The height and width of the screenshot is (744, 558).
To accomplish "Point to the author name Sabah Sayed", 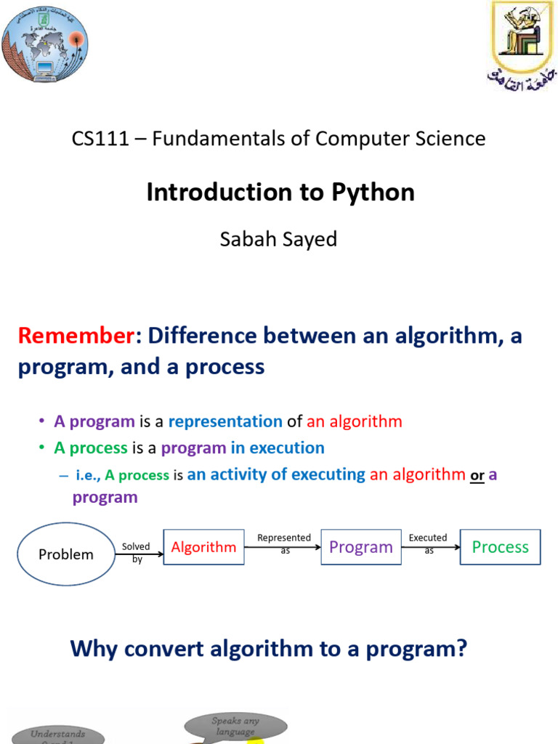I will pos(278,239).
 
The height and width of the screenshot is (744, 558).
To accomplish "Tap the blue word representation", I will pos(225,421).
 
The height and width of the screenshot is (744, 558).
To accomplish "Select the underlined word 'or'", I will pos(477,475).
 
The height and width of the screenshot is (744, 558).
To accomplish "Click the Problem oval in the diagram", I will pos(66,554).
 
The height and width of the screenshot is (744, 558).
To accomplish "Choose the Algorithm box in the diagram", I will pos(203,547).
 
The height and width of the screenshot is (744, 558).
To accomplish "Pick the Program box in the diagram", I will pos(360,547).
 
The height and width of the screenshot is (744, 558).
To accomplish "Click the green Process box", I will pos(500,547).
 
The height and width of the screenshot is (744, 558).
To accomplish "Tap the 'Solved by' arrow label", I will pos(136,553).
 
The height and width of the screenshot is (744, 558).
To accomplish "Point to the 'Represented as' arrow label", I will pos(284,543).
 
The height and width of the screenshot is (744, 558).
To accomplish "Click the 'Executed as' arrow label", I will pos(428,543).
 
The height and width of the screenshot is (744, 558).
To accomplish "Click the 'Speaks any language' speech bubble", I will pos(236,725).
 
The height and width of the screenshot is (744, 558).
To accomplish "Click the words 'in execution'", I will pos(278,448).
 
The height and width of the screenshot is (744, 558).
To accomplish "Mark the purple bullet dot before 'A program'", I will pos(42,421).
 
